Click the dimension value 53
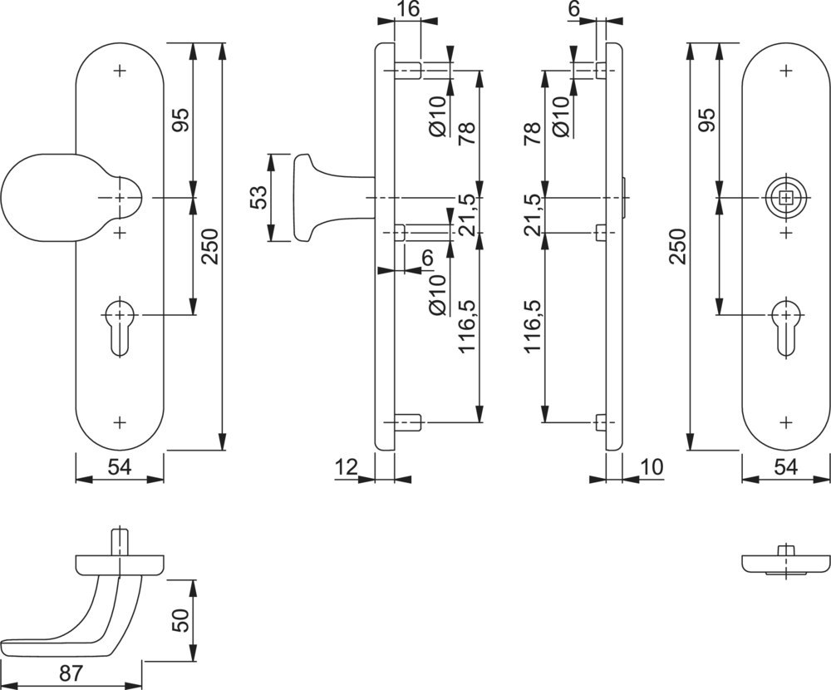258,198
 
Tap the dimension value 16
407,10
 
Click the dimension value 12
347,469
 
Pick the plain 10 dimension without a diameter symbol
653,469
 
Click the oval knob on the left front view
37,197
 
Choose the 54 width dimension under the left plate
120,469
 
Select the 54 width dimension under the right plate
785,469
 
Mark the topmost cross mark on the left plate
120,71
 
